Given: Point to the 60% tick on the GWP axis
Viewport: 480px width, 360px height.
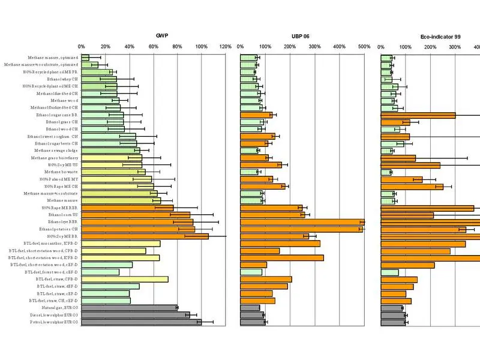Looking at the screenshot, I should click(x=154, y=47).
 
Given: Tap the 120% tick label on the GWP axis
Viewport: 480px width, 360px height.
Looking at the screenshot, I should click(x=226, y=47).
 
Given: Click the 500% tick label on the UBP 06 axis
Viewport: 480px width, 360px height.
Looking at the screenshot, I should click(x=364, y=47).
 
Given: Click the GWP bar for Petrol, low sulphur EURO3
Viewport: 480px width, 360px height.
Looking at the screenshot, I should click(x=142, y=322).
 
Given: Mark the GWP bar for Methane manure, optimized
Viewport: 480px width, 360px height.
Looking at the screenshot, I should click(x=85, y=58).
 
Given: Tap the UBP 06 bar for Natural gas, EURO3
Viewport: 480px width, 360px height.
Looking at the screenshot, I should click(x=250, y=308).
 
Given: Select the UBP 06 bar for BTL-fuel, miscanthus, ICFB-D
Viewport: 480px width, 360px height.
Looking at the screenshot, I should click(x=280, y=244).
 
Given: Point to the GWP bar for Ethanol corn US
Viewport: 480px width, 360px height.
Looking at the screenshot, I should click(x=136, y=215).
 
